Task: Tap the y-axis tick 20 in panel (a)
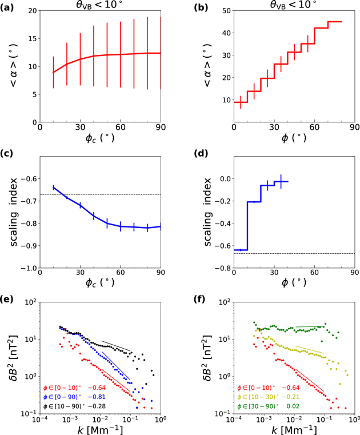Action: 31,11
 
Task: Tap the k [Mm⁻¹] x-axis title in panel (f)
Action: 294,428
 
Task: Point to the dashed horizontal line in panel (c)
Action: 114,194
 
